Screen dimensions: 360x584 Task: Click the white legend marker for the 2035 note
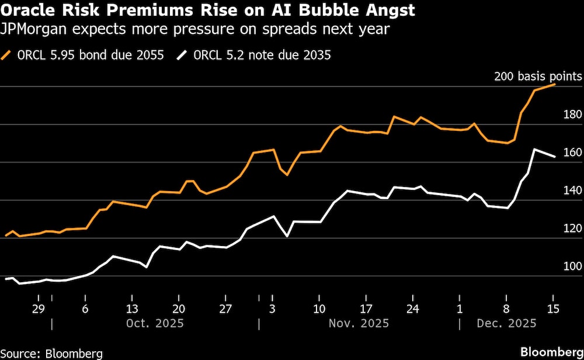(183, 56)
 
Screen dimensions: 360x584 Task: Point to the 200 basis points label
(538, 77)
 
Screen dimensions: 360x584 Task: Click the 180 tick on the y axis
(571, 115)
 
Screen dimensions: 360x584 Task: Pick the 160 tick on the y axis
(571, 153)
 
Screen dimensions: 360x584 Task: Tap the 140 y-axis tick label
(571, 191)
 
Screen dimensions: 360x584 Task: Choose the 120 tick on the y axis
(571, 229)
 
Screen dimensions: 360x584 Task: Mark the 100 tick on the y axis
(571, 266)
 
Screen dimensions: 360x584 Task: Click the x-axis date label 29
(39, 309)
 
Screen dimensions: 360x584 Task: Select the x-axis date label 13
(132, 309)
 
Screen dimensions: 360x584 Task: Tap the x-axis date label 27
(225, 309)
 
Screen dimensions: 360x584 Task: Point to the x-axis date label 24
(413, 309)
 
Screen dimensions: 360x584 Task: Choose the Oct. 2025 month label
(155, 323)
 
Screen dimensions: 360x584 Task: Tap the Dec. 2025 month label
(506, 323)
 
